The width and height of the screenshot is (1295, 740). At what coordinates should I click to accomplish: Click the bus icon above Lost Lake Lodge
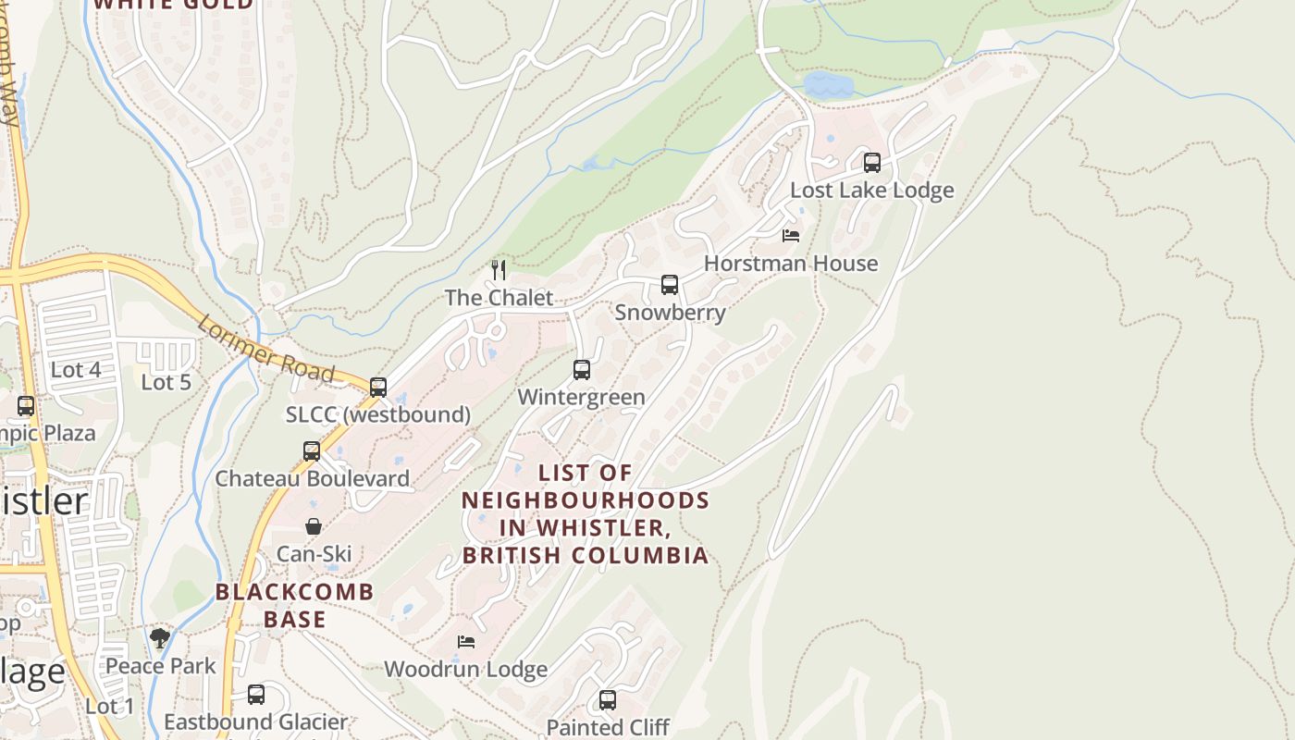871,163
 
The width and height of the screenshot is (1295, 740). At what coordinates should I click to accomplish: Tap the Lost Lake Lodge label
871,191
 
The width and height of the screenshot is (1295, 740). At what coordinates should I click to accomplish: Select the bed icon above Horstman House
791,236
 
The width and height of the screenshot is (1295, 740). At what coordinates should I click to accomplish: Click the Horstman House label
791,264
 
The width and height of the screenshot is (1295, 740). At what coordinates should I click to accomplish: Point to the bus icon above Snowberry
669,285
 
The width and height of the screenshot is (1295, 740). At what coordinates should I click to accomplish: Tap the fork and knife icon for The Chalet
499,270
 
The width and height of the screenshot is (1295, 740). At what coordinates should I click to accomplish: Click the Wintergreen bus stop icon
581,370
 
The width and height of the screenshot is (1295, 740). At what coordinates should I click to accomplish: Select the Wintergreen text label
581,398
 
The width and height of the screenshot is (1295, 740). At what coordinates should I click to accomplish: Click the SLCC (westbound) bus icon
377,388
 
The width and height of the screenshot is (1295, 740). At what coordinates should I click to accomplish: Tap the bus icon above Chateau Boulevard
312,451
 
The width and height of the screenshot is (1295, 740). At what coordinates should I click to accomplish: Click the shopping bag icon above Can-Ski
314,526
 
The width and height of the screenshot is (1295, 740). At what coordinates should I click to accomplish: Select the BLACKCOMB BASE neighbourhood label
295,605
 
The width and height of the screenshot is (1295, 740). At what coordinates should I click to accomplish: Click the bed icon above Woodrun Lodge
466,642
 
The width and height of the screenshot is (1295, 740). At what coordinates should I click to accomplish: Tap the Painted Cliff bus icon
607,700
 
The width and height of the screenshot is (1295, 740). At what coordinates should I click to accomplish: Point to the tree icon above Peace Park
160,638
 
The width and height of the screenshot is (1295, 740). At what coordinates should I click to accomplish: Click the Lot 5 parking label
166,382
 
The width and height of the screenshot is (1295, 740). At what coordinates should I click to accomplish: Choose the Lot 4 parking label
76,370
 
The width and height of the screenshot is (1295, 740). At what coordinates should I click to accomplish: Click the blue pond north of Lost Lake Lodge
827,86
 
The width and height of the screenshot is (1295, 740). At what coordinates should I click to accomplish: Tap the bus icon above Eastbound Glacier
255,695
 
